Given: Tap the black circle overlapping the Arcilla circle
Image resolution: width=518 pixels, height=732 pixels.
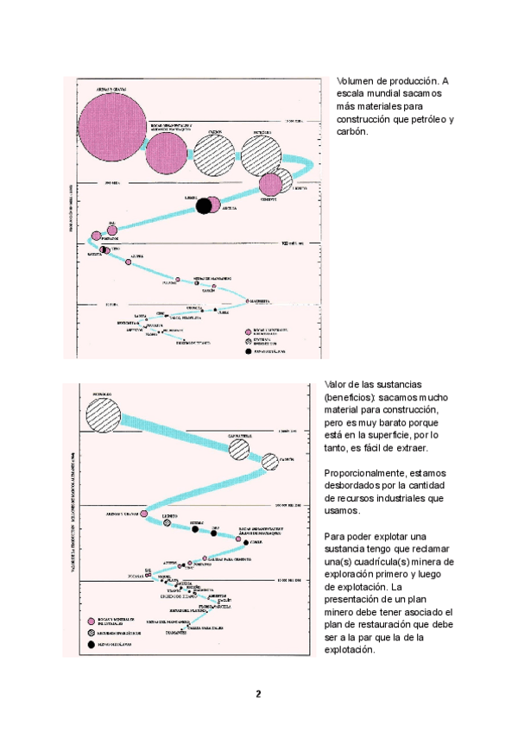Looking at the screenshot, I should (204, 205).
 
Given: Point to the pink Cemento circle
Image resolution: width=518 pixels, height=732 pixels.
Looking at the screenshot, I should (271, 184).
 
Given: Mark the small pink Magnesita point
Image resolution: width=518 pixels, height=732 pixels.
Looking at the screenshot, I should (247, 301).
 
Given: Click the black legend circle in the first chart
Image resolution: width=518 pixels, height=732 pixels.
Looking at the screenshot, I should (247, 352).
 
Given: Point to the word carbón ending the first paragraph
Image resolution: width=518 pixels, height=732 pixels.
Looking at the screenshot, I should (352, 132).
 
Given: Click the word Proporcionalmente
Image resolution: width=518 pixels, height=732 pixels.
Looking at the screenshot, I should (366, 474).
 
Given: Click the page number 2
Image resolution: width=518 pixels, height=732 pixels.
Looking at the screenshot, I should (257, 695).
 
